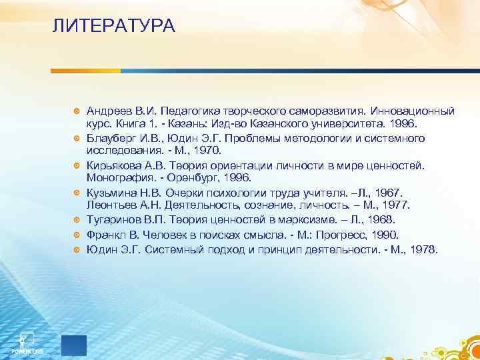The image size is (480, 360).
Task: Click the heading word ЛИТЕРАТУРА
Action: point(113,27)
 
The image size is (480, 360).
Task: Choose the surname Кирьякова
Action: point(113,165)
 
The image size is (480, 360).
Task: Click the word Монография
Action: point(119,178)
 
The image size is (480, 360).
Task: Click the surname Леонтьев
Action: point(111,206)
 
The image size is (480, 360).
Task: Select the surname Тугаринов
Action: point(115,220)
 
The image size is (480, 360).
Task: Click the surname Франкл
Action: point(107,235)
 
